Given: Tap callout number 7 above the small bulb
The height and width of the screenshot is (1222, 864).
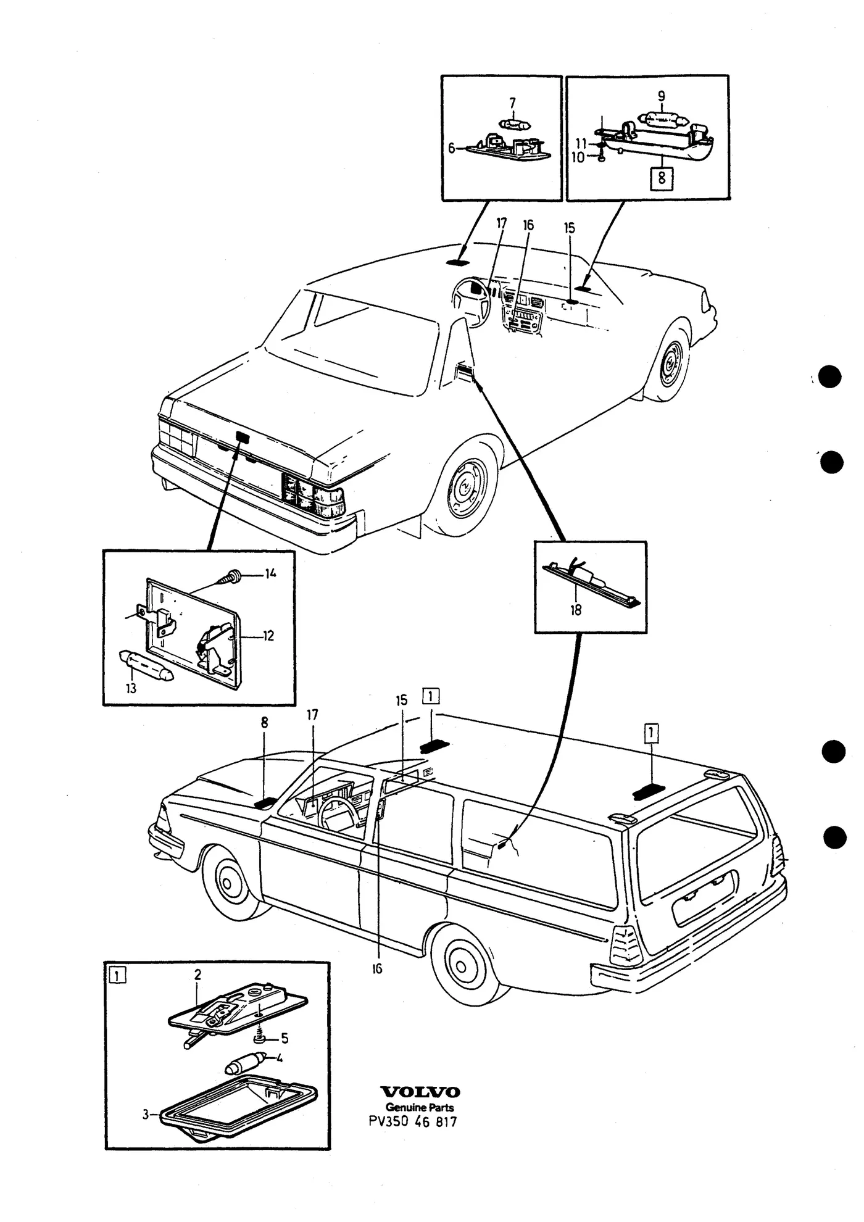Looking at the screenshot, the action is click(512, 104).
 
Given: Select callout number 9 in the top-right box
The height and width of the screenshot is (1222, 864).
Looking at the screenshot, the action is click(661, 96).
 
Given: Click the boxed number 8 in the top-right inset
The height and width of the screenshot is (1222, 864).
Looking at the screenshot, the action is click(662, 178).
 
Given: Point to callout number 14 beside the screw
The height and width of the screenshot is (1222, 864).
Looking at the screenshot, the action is click(270, 573).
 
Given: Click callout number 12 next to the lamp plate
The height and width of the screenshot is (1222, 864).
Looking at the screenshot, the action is click(268, 636).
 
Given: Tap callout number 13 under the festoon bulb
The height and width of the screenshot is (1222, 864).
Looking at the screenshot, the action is click(131, 688).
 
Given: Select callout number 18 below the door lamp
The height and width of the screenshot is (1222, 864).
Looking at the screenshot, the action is click(576, 610).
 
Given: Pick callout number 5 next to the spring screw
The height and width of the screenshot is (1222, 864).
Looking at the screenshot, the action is click(285, 1038).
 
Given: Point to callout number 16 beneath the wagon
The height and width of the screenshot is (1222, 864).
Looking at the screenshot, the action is click(377, 968).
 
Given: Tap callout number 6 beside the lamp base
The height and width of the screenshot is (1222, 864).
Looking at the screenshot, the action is click(452, 148).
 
